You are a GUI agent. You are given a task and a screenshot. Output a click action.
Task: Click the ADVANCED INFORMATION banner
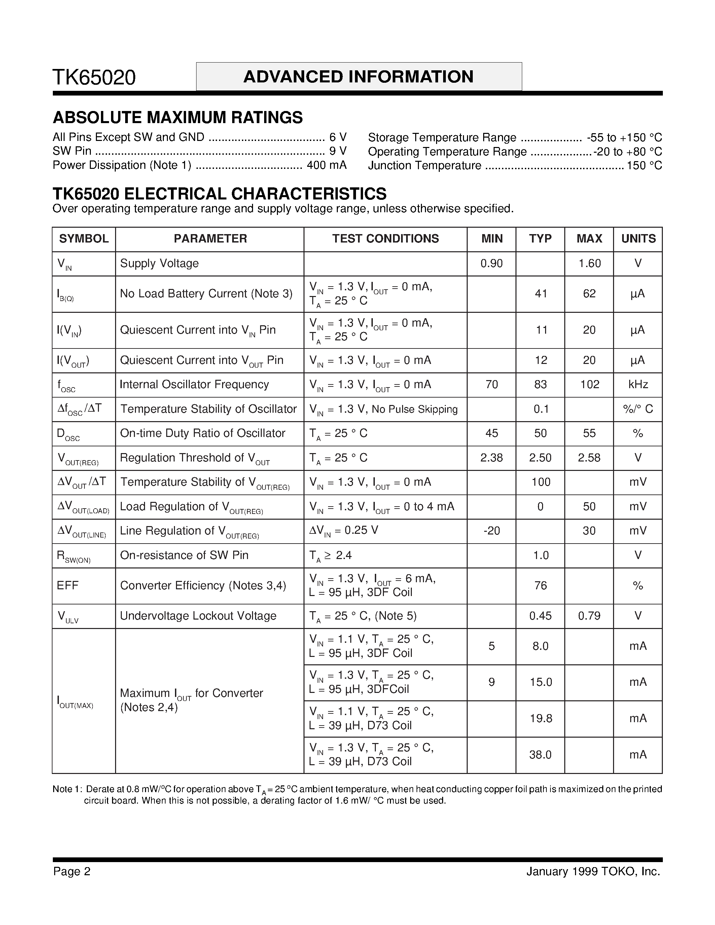point(358,77)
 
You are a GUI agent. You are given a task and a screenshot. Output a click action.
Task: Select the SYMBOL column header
point(84,238)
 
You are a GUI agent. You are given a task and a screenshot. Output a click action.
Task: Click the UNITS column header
point(638,238)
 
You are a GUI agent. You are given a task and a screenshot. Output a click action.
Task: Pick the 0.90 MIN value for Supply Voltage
point(491,263)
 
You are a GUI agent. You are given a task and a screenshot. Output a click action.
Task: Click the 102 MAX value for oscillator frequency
point(589,384)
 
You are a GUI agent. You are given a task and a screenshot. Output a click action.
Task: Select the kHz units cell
point(638,384)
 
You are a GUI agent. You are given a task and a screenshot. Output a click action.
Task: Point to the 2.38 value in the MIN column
point(491,458)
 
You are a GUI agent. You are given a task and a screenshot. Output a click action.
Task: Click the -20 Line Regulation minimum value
point(491,531)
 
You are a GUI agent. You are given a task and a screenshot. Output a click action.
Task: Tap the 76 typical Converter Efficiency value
point(540,585)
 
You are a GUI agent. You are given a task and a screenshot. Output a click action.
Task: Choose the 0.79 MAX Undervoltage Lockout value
point(589,616)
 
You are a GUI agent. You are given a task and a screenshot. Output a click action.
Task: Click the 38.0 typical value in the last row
point(540,755)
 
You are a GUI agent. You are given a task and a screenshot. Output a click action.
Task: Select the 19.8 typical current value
point(540,718)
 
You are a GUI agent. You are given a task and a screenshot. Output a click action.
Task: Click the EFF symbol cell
point(68,585)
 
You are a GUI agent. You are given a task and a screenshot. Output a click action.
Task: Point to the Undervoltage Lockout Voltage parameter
point(198,616)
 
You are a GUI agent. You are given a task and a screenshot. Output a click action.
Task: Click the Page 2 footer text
point(72,871)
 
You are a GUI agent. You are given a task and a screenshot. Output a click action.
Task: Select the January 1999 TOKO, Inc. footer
point(593,871)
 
